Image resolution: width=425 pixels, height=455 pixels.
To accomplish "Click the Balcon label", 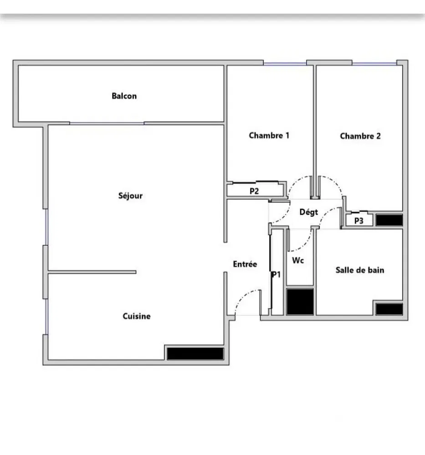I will point(124,96).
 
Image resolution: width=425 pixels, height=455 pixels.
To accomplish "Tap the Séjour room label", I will point(130,196).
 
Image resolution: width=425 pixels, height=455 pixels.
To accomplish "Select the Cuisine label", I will point(136,316).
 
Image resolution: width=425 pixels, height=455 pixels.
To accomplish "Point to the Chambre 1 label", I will point(269,135).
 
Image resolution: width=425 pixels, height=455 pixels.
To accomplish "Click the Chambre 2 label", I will point(360,136).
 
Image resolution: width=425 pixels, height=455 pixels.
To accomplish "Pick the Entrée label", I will point(245,264).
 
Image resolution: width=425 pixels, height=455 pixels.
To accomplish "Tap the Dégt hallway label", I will point(308,212).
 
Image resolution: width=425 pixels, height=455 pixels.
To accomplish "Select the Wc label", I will point(298,261).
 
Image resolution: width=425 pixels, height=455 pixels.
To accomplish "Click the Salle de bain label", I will point(359,270).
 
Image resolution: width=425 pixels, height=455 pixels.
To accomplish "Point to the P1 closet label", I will point(276,274).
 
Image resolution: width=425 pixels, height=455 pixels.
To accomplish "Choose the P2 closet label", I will point(254,191).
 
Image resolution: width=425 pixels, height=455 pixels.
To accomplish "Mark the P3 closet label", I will point(359,221).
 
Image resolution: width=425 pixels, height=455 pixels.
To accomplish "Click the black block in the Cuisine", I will point(195,354).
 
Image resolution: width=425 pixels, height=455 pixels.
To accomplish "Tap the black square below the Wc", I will point(300,301).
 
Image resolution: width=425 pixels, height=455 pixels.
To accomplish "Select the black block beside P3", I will point(389,220).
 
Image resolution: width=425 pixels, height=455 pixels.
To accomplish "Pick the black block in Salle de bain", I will point(389,309).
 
